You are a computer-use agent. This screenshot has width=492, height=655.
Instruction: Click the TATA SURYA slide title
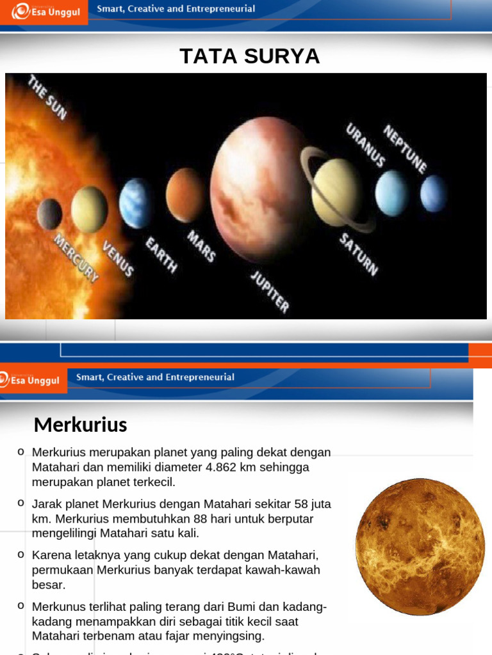click(249, 56)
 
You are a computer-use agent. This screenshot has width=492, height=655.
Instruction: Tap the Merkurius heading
click(80, 425)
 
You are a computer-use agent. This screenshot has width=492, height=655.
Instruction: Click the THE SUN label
click(47, 97)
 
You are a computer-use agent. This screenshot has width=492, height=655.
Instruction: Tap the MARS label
click(201, 246)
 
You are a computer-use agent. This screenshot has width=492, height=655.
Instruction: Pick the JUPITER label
click(270, 291)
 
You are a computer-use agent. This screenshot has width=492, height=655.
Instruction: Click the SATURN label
click(359, 254)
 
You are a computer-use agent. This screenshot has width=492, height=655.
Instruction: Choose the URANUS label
click(366, 145)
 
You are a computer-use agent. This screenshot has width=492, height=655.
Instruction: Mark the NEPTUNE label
click(405, 148)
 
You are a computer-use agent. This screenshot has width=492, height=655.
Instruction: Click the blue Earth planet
click(136, 203)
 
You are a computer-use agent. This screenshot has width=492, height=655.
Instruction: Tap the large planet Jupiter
click(259, 189)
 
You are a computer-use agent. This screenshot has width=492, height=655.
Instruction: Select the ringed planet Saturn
click(336, 191)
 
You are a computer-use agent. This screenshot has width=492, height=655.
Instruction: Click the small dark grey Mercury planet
click(50, 214)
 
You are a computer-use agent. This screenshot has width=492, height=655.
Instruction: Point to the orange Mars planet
click(185, 194)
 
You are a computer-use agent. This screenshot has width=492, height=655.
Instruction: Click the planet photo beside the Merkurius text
click(420, 547)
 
